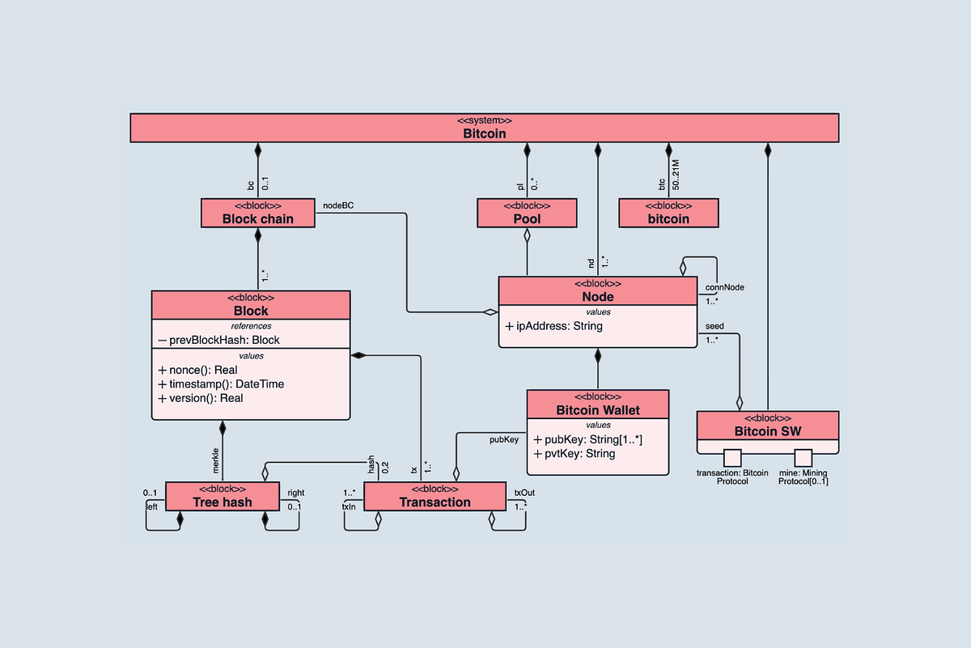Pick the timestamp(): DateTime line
click(x=221, y=383)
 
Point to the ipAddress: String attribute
click(x=553, y=326)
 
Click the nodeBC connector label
click(x=338, y=205)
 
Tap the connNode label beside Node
click(x=724, y=287)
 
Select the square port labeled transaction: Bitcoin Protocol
click(x=733, y=457)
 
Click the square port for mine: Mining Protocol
click(x=803, y=457)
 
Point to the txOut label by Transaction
click(x=524, y=492)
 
